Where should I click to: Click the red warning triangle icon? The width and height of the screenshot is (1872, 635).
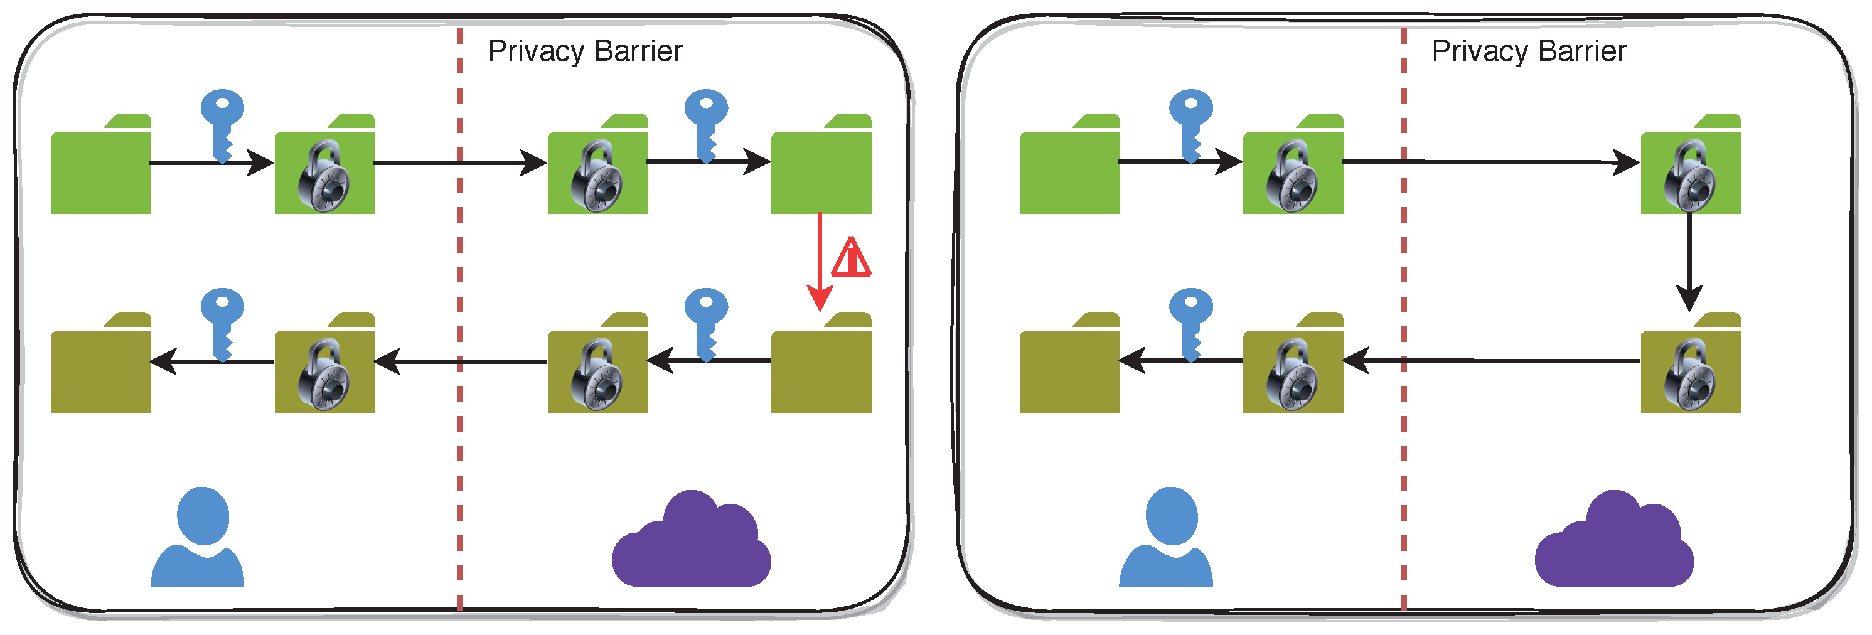851,258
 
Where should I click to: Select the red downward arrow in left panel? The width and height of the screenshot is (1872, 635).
820,262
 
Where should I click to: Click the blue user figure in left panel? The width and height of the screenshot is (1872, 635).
198,538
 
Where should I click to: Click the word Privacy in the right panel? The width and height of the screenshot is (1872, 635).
1480,51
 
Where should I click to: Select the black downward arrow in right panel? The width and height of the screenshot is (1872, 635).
1689,262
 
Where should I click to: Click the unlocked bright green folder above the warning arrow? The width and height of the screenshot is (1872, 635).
821,171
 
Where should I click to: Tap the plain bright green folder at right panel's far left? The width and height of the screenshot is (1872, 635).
1069,171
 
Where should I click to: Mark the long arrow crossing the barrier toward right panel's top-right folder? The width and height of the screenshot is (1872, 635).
1490,162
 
